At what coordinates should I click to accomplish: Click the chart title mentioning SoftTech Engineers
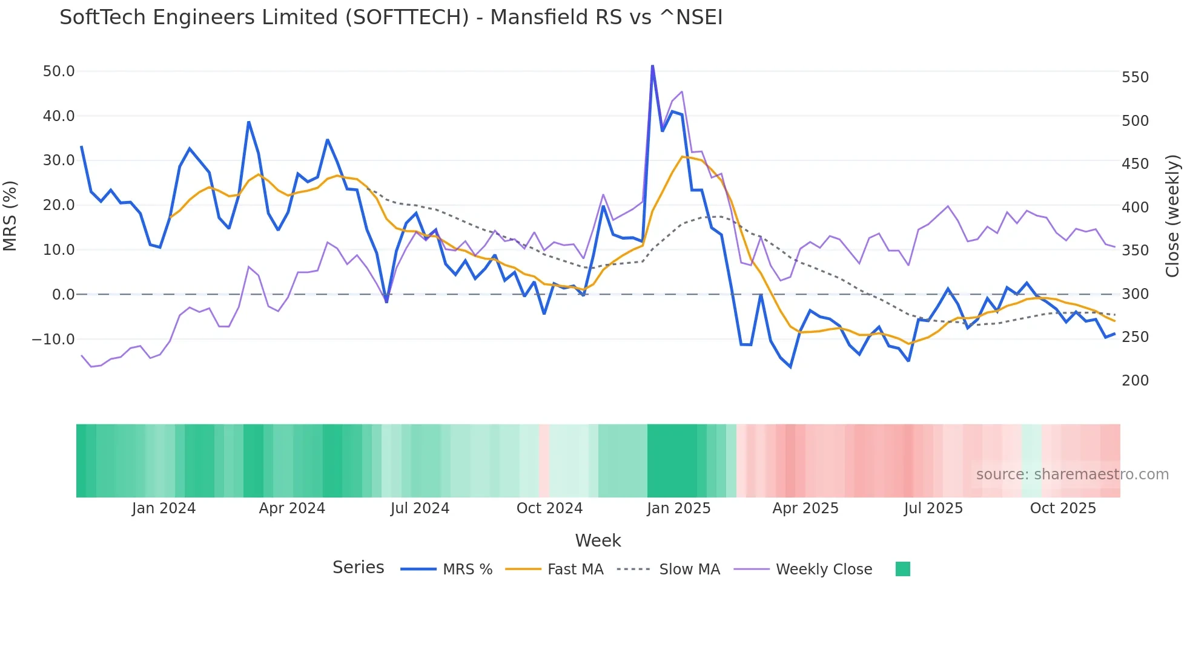click(x=391, y=18)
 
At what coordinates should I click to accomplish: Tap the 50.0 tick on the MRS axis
click(x=59, y=71)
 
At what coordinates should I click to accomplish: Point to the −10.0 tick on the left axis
click(x=53, y=340)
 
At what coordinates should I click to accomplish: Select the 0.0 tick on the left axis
click(x=63, y=295)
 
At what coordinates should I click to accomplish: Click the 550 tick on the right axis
click(x=1135, y=77)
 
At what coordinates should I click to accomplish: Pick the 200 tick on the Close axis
click(x=1135, y=381)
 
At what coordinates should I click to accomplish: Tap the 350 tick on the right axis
click(x=1135, y=251)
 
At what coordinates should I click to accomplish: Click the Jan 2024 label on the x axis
click(x=164, y=508)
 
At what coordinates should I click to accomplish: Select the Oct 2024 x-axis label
click(x=549, y=508)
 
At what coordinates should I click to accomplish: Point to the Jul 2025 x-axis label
click(x=933, y=508)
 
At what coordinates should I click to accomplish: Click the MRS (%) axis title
click(x=10, y=215)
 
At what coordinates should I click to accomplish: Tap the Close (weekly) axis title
click(x=1173, y=216)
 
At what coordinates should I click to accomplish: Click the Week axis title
click(x=598, y=540)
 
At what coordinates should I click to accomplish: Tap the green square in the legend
click(x=902, y=570)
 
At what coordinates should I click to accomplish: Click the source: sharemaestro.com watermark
click(x=1072, y=475)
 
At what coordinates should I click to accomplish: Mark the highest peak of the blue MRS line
click(x=652, y=65)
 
